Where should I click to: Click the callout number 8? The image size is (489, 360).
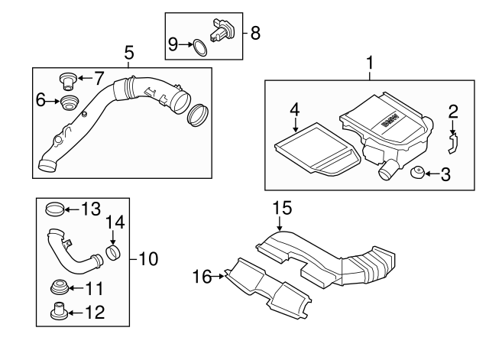point(255,33)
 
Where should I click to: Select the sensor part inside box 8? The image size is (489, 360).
point(222,31)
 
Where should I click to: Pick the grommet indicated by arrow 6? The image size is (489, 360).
point(69,102)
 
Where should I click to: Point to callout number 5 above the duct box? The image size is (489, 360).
point(129,53)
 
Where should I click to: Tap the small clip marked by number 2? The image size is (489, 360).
point(452,143)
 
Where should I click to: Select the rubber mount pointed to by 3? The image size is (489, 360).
point(417,173)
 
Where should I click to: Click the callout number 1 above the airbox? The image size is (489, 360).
point(370,63)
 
